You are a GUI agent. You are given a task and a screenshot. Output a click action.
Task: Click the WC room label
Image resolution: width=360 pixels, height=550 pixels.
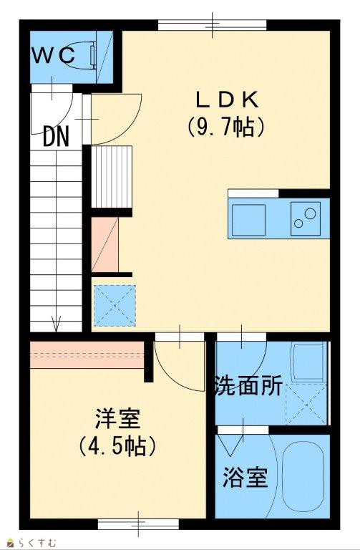click(x=54, y=55)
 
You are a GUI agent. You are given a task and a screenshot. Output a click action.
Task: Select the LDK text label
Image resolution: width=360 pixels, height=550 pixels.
click(x=227, y=100)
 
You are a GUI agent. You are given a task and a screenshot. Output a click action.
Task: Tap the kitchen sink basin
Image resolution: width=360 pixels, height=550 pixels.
click(x=248, y=220)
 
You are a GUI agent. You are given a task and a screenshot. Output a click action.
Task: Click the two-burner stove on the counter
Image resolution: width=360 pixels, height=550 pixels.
click(x=306, y=218)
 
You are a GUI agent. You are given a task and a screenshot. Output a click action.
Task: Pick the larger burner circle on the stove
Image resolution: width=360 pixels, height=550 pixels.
click(x=310, y=213)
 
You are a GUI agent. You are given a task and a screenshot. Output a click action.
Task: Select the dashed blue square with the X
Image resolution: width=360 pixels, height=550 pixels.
click(x=115, y=306)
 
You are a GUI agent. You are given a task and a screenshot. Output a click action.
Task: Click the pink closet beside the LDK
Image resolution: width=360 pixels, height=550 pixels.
click(x=104, y=244)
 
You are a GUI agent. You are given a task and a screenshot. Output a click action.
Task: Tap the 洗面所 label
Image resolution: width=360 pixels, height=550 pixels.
click(x=248, y=386)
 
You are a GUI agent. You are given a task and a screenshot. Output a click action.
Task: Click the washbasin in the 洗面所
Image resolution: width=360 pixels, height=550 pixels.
click(x=308, y=362)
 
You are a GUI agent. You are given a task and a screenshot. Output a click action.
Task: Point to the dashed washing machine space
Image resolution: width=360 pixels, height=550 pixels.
click(x=306, y=404)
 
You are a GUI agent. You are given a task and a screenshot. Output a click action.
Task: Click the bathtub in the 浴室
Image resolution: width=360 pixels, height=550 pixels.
click(x=303, y=476)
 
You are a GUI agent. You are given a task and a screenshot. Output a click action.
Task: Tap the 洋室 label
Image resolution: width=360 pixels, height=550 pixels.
click(x=118, y=418)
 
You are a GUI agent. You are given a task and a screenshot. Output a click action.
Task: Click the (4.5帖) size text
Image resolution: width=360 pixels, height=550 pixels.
click(x=117, y=445)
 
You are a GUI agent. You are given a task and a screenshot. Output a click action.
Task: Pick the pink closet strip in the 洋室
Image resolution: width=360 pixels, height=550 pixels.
click(x=87, y=354)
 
